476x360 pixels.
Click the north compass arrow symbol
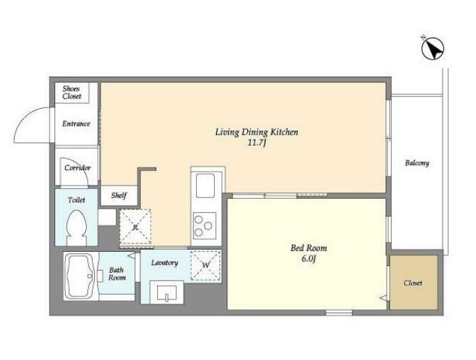pos(433,48)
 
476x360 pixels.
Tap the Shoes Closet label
pos(72,93)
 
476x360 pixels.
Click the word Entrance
pos(76,123)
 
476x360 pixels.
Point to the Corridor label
pos(77,168)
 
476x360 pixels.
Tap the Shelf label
pos(119,195)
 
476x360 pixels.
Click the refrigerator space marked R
pos(135,226)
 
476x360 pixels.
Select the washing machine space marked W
pos(206,265)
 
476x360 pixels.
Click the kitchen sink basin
pos(205,186)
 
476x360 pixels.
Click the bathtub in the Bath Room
pos(80,276)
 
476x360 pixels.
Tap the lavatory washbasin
pos(167,292)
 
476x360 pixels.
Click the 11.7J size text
pos(257,143)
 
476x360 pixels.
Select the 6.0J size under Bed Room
pos(308,259)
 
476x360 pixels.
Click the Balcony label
pos(417,163)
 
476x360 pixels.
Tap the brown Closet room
pos(414,283)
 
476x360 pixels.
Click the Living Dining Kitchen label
pos(257,133)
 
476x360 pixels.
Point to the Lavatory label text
pos(165,262)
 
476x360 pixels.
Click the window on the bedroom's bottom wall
pos(339,313)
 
